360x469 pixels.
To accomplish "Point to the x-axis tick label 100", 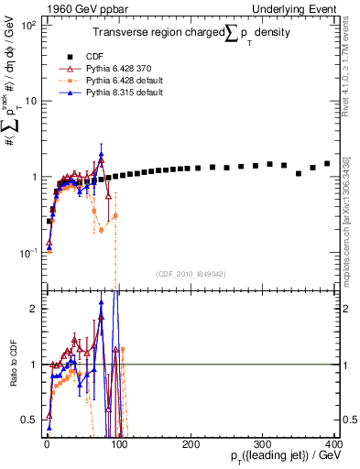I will click(119, 444).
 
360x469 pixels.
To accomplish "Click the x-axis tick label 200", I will click(191, 444).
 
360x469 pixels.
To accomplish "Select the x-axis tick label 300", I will click(263, 444).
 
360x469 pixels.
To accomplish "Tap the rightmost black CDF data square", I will click(327, 164).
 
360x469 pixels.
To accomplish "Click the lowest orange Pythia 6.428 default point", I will click(101, 231).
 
